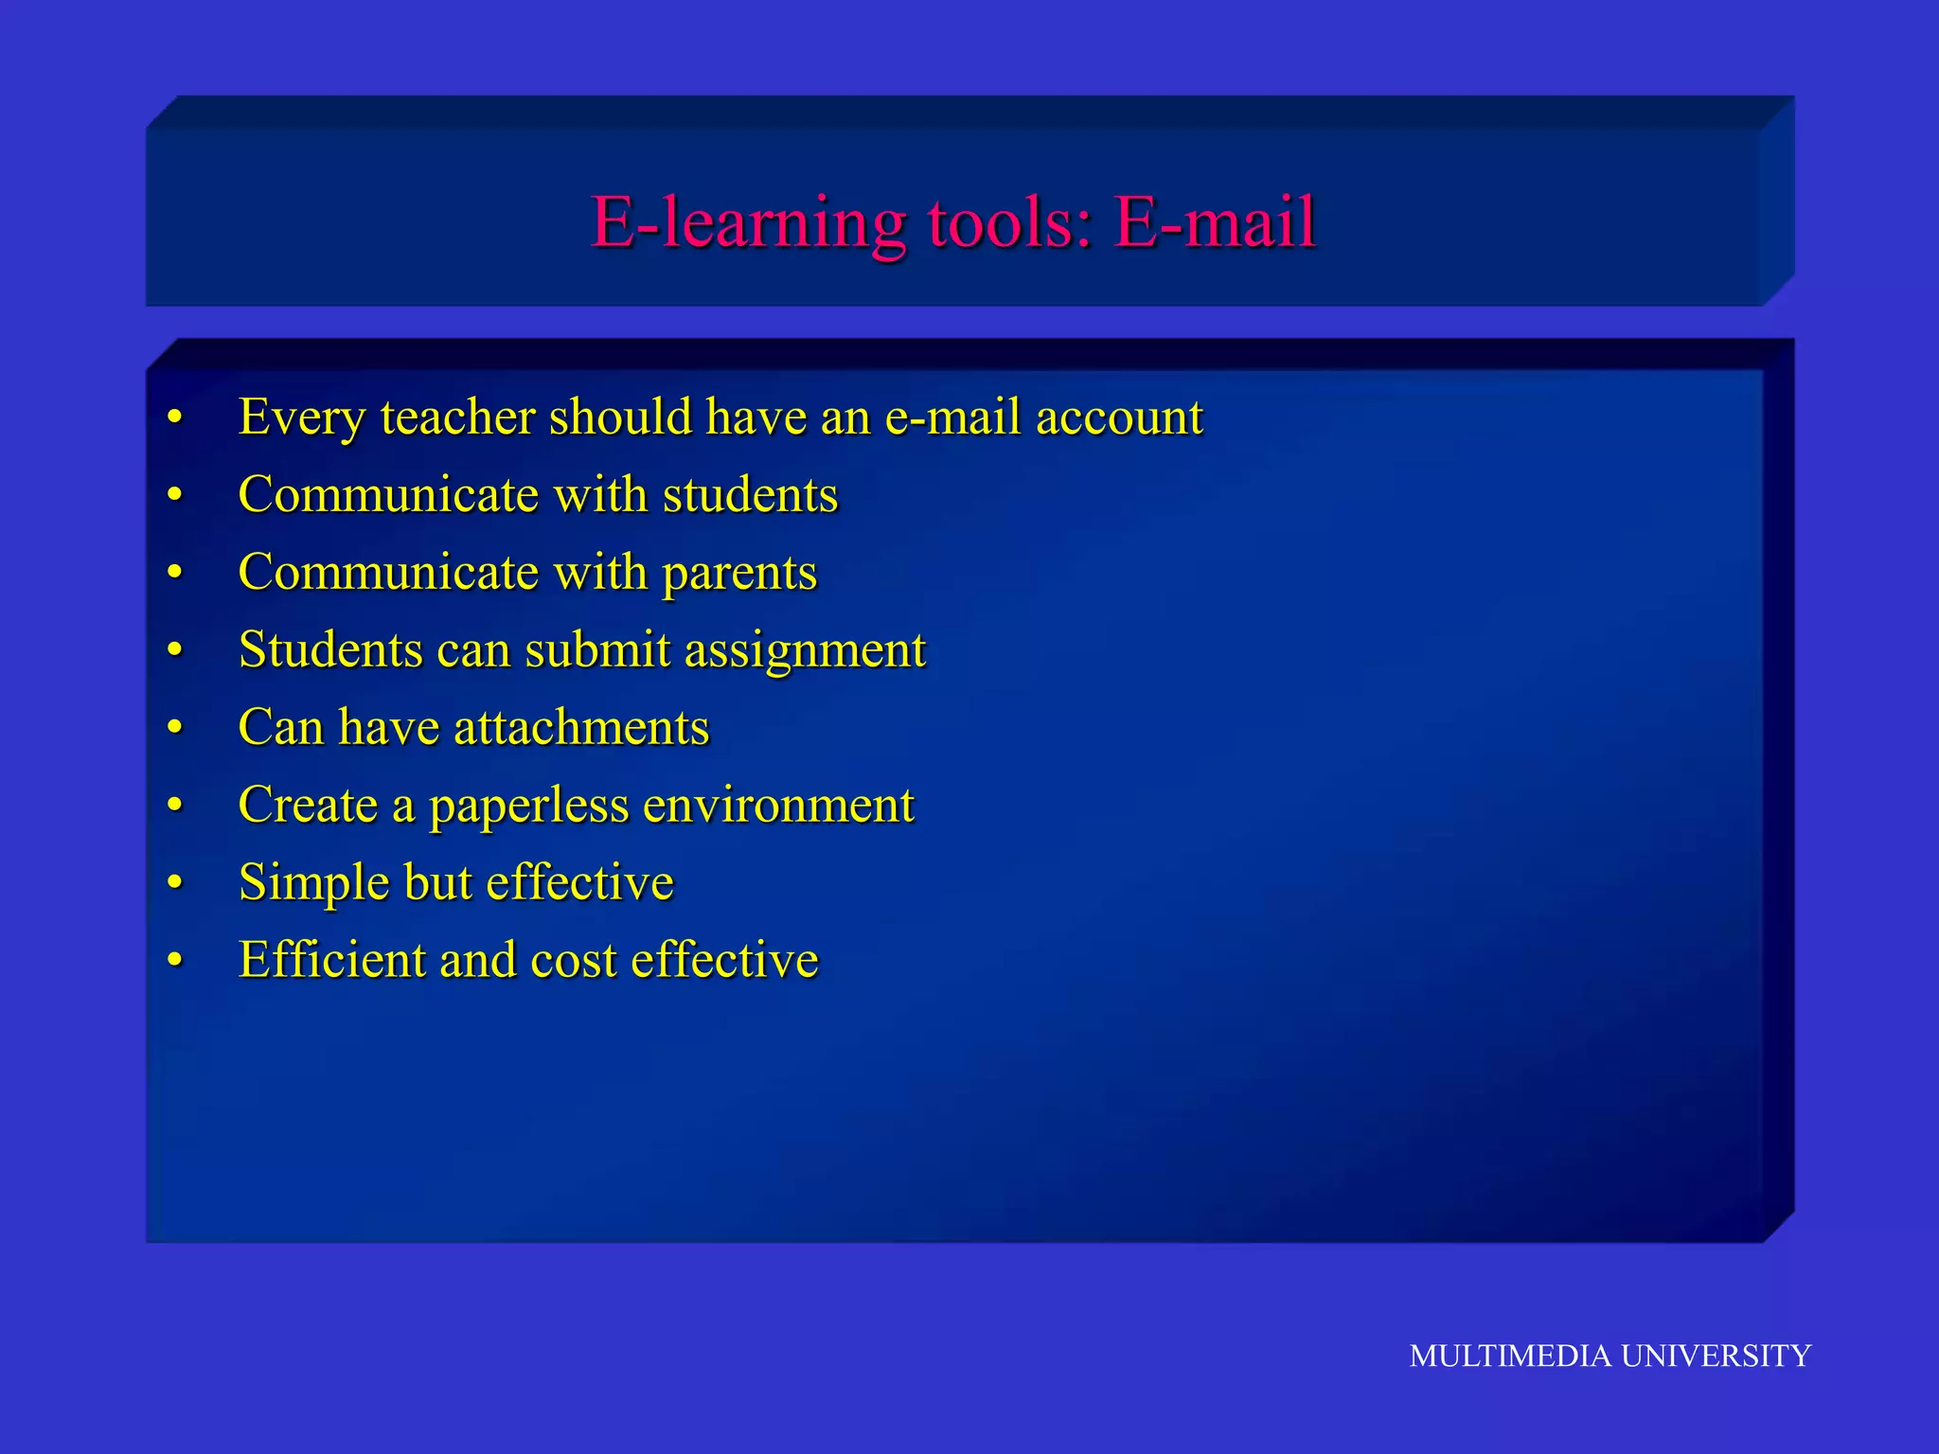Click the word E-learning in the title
(x=748, y=223)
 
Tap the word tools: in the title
(x=1009, y=223)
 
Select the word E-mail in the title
(x=1215, y=223)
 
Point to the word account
(x=1119, y=417)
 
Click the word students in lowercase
(x=750, y=495)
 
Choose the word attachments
(x=581, y=728)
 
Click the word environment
(x=778, y=806)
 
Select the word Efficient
(x=331, y=961)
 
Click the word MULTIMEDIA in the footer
(x=1510, y=1356)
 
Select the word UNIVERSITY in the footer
(x=1716, y=1356)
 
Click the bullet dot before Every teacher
(x=174, y=417)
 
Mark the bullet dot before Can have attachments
(x=174, y=728)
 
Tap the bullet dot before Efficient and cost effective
(x=174, y=961)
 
